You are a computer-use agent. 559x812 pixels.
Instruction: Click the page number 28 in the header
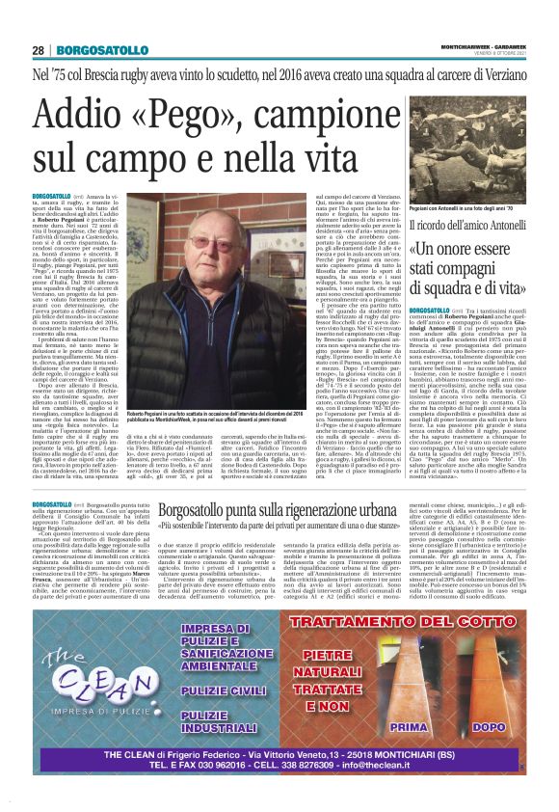pos(39,23)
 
